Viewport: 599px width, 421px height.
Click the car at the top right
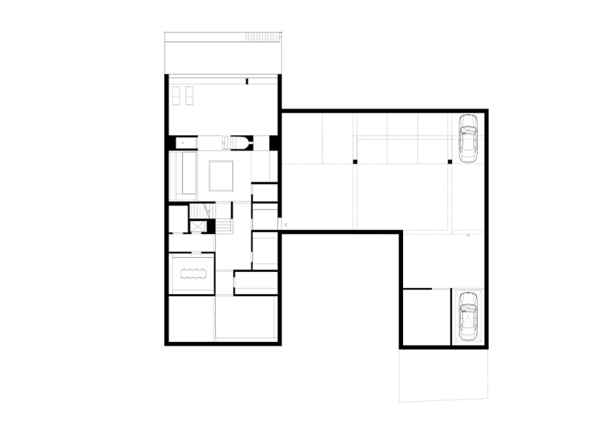click(x=468, y=138)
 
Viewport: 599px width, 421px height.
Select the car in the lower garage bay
click(x=468, y=315)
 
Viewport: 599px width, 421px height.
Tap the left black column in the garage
click(x=355, y=161)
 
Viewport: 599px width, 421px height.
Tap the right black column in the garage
click(x=450, y=161)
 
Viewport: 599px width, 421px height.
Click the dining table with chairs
click(x=194, y=274)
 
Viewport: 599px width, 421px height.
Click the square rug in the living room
click(x=221, y=176)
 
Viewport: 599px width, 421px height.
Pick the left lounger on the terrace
click(x=177, y=95)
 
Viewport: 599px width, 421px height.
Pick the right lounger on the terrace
click(x=189, y=95)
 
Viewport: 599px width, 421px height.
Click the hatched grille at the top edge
click(x=263, y=36)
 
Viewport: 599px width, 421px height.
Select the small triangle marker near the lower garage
click(x=470, y=235)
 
